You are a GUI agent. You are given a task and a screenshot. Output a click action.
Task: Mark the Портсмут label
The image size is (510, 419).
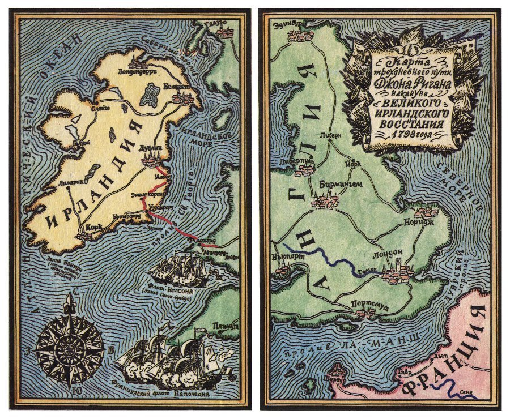(369, 305)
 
